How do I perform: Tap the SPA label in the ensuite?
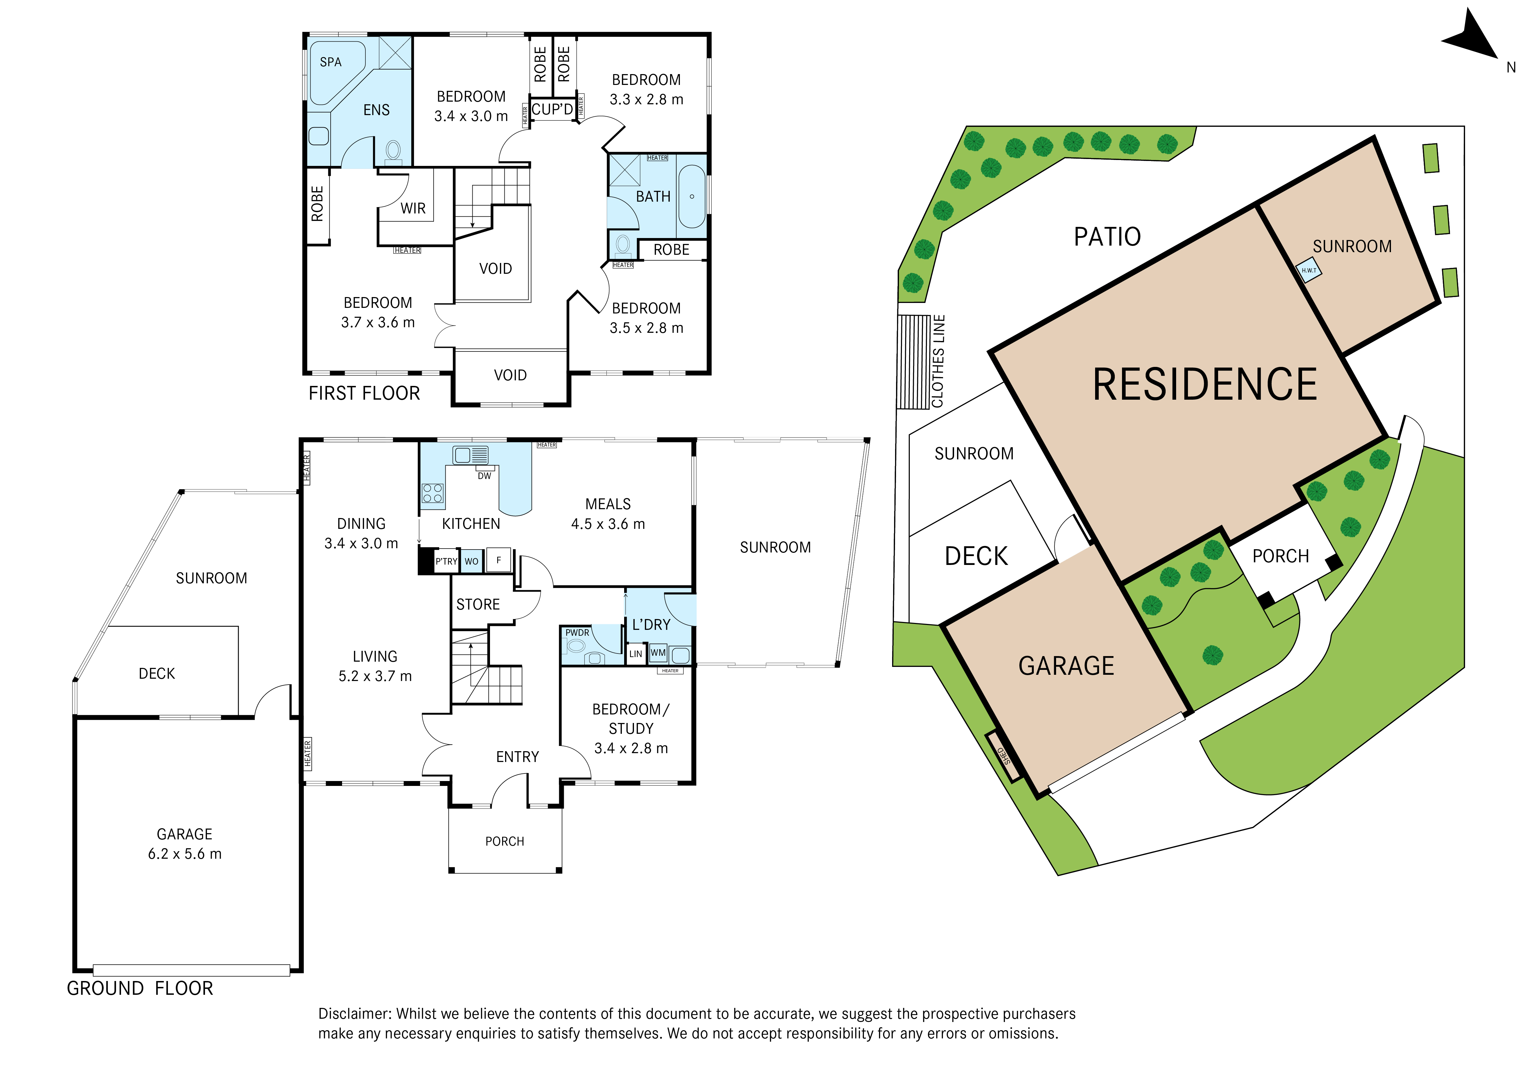[331, 62]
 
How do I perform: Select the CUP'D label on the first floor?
[552, 109]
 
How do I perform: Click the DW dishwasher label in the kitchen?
[484, 476]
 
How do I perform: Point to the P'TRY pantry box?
[446, 561]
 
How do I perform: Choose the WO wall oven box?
[471, 561]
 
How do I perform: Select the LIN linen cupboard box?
[636, 654]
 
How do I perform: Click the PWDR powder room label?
[578, 633]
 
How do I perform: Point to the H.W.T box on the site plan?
[1309, 271]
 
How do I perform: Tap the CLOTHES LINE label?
[938, 361]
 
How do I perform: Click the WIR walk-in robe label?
[413, 209]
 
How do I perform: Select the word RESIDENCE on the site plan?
[1205, 385]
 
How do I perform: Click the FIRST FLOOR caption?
[364, 393]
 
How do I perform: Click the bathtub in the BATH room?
[691, 197]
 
